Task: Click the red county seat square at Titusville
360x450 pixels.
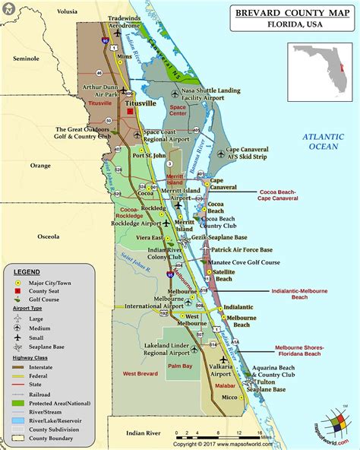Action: click(x=130, y=112)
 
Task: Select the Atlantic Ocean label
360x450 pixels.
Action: click(x=324, y=141)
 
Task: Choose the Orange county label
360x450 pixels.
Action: click(x=40, y=165)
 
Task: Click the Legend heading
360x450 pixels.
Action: click(x=27, y=271)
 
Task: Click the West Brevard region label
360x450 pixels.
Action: click(x=141, y=373)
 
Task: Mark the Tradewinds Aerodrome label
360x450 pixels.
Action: click(x=125, y=21)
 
